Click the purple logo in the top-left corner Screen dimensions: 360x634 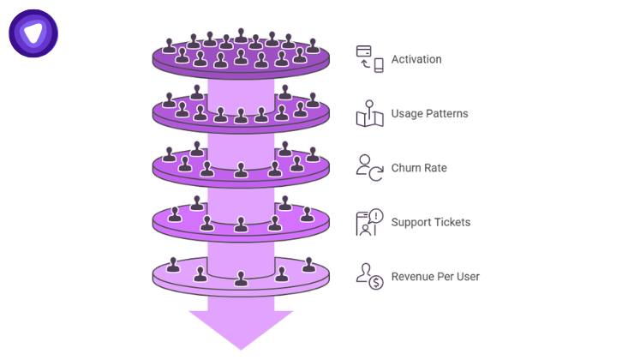[33, 33]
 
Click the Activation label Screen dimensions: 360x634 [416, 59]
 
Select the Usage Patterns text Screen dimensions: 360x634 [429, 113]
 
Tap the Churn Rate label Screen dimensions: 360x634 [419, 168]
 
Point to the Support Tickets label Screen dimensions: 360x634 [431, 222]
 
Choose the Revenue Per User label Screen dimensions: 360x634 [435, 276]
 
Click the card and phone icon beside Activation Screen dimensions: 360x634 [369, 59]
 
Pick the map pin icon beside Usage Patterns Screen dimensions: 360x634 [369, 113]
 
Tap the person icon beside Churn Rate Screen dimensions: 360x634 [369, 166]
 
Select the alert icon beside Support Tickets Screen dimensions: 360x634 [369, 222]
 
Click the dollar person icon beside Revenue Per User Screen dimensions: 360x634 [369, 276]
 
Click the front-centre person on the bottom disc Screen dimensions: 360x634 [241, 278]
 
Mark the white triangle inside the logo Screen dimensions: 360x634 [33, 33]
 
